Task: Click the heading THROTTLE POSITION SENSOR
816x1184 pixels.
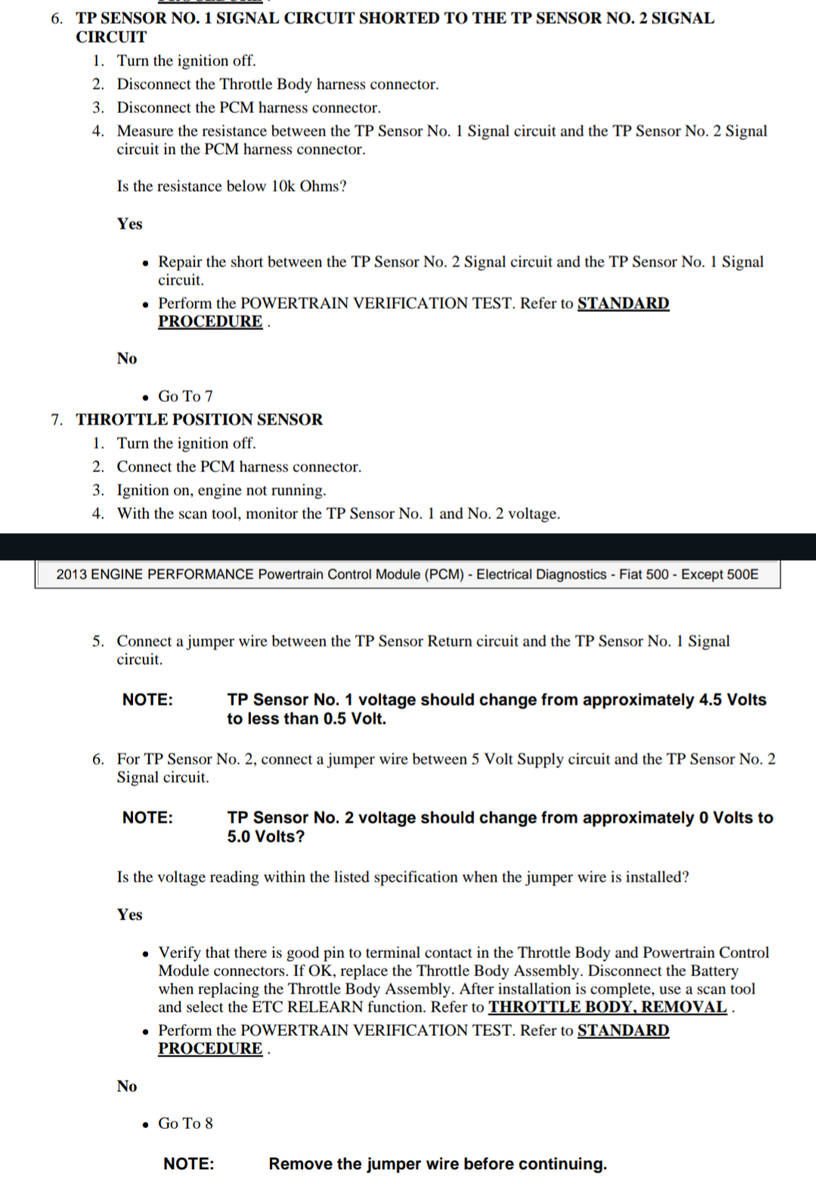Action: (x=199, y=419)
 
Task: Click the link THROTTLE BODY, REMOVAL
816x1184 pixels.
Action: (x=607, y=1007)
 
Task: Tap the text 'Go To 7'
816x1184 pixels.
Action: (x=185, y=396)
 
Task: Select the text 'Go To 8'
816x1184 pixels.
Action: (x=185, y=1124)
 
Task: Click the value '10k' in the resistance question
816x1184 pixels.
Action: (x=282, y=186)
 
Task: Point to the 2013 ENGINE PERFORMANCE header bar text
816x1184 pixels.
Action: (x=407, y=574)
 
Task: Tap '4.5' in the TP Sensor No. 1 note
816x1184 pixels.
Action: (x=710, y=700)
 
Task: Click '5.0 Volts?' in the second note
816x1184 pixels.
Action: (x=266, y=836)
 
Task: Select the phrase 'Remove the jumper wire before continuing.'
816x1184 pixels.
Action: (x=437, y=1164)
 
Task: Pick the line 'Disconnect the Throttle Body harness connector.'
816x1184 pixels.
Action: (x=277, y=84)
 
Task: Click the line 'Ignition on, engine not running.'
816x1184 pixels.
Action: (x=221, y=490)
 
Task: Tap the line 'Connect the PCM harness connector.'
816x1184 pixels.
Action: (x=239, y=466)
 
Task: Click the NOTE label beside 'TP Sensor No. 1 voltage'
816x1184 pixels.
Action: (x=147, y=700)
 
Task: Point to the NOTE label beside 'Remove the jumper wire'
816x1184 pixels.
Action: (x=188, y=1164)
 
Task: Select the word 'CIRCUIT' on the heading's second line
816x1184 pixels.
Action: (x=111, y=36)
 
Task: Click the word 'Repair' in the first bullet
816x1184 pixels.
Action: (x=180, y=261)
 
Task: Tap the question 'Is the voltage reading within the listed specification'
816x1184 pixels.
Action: (x=403, y=876)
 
